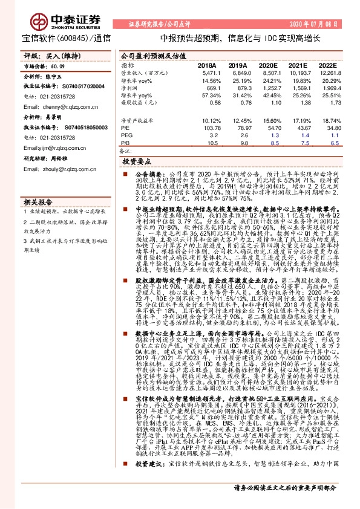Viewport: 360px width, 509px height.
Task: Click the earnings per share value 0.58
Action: (x=209, y=103)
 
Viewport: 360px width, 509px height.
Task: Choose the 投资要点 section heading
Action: (x=137, y=162)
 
